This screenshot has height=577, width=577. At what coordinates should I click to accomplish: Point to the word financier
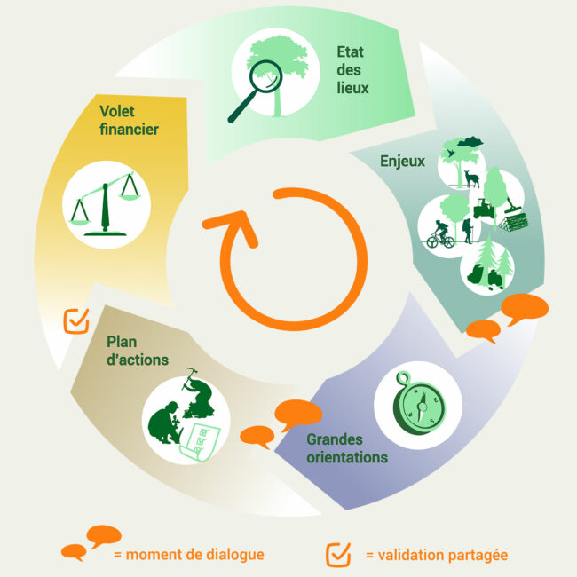[128, 130]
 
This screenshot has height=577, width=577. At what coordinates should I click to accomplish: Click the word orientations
[347, 458]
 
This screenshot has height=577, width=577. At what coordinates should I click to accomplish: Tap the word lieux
[352, 88]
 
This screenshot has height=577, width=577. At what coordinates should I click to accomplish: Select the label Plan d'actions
[137, 351]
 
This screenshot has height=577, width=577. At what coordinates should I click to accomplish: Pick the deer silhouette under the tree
[471, 179]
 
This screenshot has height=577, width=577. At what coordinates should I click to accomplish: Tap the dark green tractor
[485, 210]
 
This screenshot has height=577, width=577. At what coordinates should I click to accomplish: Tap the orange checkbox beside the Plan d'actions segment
[76, 320]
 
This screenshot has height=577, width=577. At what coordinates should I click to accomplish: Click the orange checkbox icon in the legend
[338, 554]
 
